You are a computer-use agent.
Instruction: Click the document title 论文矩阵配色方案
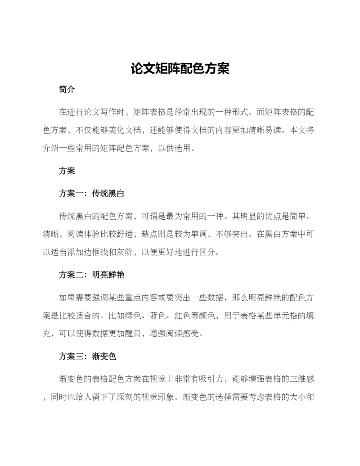tap(180, 69)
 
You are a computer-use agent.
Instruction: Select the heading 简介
tap(67, 90)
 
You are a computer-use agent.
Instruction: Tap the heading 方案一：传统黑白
tap(91, 194)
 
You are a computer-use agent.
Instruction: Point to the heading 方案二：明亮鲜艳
tap(91, 276)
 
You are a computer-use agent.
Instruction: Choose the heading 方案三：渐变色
tap(87, 357)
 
